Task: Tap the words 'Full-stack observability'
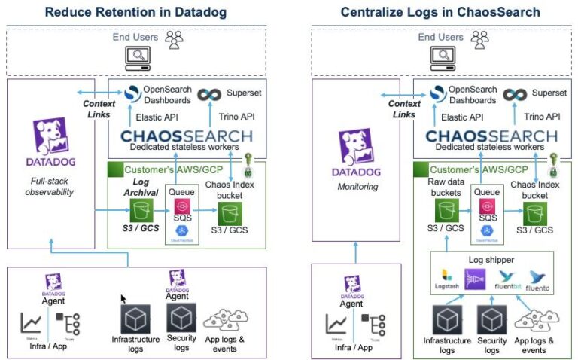pos(52,187)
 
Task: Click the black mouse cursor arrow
pos(123,299)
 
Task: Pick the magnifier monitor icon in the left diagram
pos(138,55)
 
